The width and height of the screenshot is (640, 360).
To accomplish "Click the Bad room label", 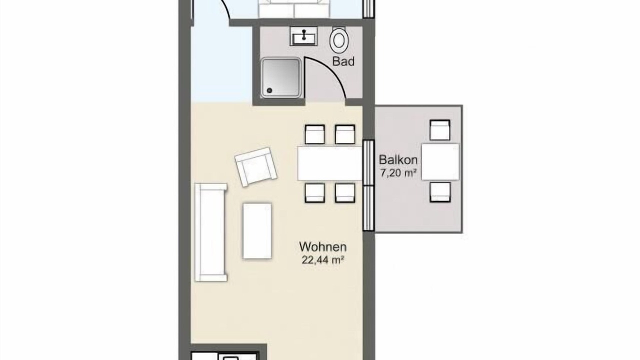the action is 343,61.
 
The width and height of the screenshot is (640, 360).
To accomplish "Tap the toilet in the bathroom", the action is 339,39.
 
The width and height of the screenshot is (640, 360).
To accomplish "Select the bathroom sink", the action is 303,36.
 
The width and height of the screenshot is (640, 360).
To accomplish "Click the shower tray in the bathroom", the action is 281,77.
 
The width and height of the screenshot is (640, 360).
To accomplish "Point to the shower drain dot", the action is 269,90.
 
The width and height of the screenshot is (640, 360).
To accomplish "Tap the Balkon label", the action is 398,159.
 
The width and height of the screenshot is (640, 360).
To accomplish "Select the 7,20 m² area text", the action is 398,173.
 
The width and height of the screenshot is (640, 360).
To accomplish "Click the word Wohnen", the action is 323,247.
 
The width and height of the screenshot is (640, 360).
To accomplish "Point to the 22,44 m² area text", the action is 322,260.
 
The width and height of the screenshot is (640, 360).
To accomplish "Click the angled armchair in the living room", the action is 255,167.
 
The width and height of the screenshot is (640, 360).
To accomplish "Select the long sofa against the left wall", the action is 211,232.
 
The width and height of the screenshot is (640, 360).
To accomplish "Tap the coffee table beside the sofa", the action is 257,231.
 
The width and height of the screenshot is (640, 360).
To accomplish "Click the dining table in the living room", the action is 330,163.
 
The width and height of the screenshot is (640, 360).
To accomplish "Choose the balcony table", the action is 440,161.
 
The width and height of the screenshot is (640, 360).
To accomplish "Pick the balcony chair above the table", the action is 440,130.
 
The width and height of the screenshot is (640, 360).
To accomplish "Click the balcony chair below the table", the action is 440,192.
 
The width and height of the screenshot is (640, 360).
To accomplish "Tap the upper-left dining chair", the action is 314,134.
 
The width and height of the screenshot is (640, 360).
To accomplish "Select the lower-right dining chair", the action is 345,193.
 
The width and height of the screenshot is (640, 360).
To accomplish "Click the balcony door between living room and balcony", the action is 368,185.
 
